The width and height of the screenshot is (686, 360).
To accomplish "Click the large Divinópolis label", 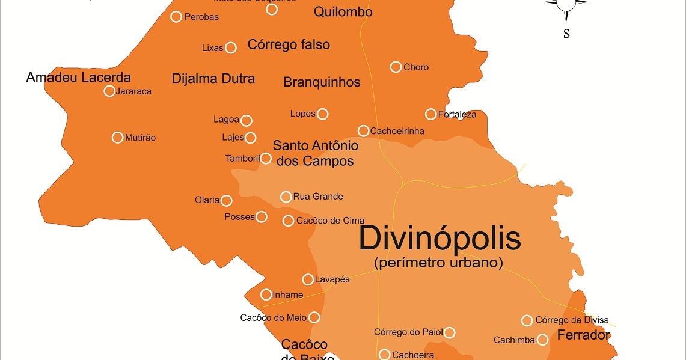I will pos(439,239).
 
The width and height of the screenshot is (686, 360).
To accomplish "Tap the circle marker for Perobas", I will pos(176,17).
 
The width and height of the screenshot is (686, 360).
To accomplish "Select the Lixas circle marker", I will pos(231,47).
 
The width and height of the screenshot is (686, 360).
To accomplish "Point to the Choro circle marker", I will pos(396,67).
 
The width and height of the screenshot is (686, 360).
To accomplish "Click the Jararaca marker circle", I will pos(109,91).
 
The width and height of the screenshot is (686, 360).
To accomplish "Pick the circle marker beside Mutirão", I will pos(118,138).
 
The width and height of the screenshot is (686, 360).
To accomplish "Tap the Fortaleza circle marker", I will pos(430,114).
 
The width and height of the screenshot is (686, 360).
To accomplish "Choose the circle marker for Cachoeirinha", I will pos(363,130).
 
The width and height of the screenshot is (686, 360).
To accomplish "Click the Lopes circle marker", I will pos(323,114).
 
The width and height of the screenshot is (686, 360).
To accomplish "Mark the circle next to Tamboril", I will pos(266,159).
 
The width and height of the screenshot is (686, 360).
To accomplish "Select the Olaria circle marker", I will pos(227,200).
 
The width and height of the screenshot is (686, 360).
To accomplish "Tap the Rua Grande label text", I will pos(318,197).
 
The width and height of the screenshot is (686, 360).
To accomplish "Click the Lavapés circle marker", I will pos(308,279).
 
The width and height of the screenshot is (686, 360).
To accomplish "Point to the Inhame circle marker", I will pos(266,294).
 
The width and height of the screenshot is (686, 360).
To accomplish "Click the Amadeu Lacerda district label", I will pos(79,77).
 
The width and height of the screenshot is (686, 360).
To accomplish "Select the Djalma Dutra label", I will pos(213,78).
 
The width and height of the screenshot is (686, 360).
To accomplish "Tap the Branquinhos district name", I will pos(322,82).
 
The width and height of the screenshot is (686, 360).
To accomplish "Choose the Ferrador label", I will pos(584,335).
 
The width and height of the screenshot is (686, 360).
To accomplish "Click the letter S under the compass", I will pos(566,34).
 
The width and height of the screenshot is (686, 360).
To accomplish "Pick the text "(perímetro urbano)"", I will pos(438,263).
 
